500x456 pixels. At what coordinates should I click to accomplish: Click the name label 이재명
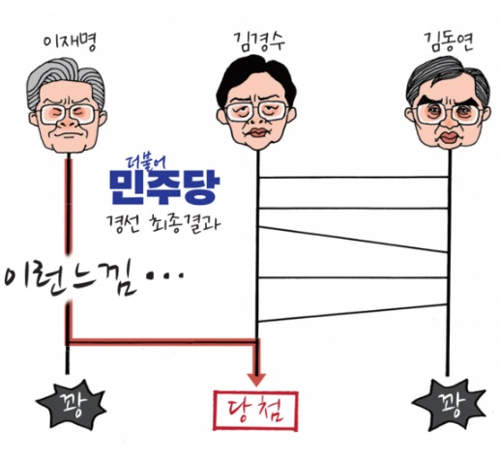(70, 43)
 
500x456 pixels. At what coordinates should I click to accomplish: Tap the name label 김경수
(259, 43)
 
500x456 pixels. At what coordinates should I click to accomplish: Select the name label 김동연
(448, 43)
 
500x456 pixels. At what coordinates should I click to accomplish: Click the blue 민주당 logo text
(164, 186)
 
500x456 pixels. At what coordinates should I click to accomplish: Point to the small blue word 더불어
(144, 164)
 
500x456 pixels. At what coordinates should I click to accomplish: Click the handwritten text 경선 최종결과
(163, 223)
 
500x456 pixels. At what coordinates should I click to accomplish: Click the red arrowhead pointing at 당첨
(256, 380)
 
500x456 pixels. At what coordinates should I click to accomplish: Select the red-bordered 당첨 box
(255, 411)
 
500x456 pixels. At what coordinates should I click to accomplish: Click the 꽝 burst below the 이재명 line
(71, 402)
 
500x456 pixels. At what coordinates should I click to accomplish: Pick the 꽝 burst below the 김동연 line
(449, 403)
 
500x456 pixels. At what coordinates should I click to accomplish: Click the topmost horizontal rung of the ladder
(353, 177)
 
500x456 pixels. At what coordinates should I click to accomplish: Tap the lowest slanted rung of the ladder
(353, 313)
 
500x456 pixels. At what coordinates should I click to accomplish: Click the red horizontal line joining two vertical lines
(163, 341)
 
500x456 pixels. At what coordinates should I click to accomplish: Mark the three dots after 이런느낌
(165, 276)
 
